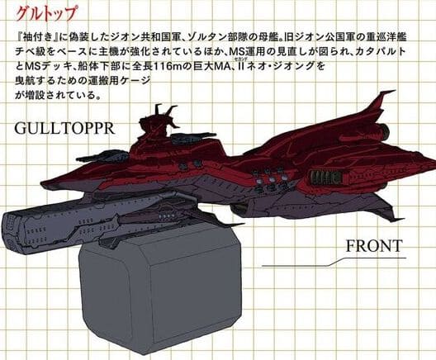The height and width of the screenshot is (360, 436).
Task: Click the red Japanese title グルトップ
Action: (45, 13)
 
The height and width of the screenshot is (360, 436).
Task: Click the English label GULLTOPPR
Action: (64, 128)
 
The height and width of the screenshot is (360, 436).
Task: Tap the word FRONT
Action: (374, 246)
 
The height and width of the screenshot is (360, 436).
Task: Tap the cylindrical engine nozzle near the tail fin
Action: (384, 129)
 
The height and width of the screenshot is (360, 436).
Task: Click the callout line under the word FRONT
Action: (334, 262)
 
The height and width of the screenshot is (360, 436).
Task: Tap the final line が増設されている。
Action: (58, 96)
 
